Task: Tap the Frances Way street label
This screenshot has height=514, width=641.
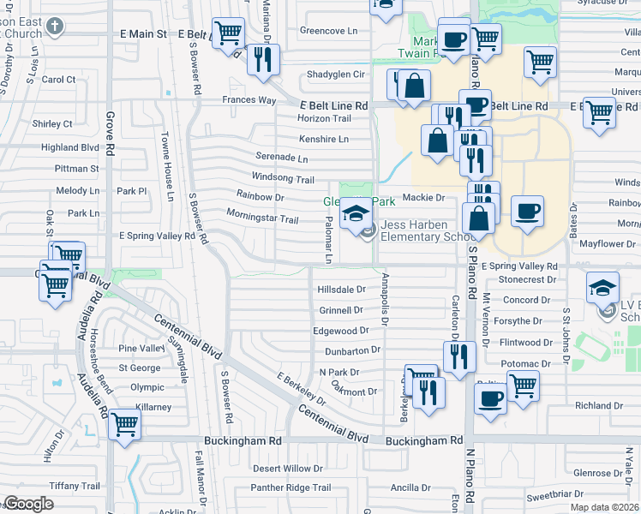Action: (249, 100)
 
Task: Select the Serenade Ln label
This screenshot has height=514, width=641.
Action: (281, 158)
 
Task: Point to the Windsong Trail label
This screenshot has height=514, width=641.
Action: (285, 178)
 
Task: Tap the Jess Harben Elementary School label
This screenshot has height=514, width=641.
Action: (429, 231)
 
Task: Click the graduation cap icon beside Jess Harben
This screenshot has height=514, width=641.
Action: (355, 213)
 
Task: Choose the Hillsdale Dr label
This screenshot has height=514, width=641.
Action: (341, 290)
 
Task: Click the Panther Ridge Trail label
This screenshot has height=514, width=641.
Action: (291, 488)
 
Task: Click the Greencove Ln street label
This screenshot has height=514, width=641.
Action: (328, 31)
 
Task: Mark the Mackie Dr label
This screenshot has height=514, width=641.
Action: (423, 198)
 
